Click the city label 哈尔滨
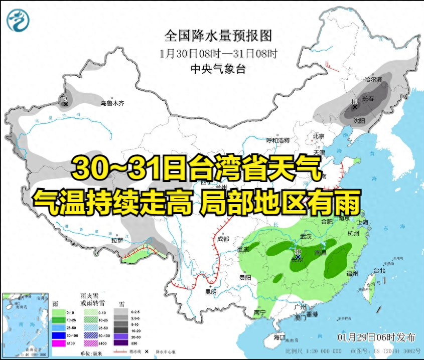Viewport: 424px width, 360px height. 372,80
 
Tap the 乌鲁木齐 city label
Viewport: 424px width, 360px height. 111,103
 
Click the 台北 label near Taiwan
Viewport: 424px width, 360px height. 379,271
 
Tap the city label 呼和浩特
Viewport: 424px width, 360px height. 278,140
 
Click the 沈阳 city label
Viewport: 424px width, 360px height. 359,121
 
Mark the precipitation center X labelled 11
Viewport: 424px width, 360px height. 354,107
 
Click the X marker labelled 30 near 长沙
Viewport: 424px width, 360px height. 297,256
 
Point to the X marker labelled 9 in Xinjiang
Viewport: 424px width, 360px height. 65,104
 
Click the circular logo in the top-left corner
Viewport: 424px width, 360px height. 18,20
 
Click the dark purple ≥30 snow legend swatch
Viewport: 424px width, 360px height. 120,343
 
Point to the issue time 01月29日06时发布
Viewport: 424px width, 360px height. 376,335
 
